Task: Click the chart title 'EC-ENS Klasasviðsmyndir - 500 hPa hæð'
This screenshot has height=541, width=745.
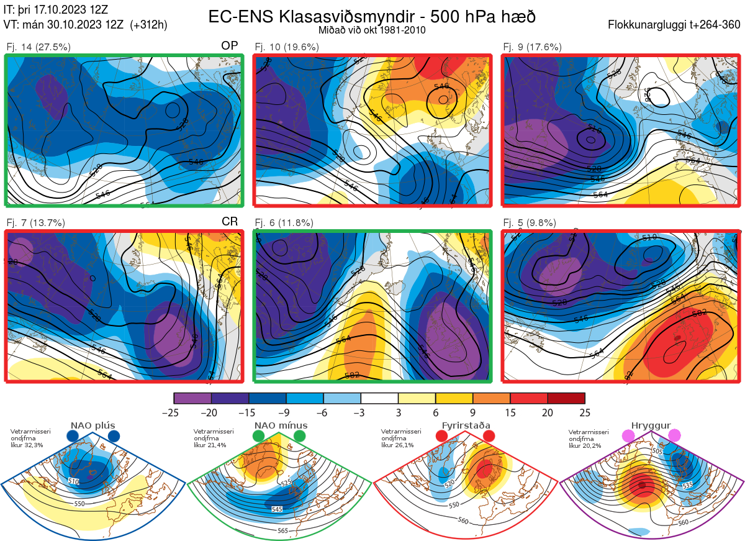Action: pyautogui.click(x=372, y=16)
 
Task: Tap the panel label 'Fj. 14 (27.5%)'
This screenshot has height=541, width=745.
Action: pyautogui.click(x=38, y=47)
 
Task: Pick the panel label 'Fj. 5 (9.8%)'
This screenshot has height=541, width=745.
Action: pyautogui.click(x=530, y=223)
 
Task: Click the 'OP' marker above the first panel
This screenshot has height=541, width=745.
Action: pyautogui.click(x=230, y=46)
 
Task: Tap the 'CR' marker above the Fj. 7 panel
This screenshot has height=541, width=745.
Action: pyautogui.click(x=230, y=222)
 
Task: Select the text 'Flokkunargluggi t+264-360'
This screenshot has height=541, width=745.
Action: pyautogui.click(x=675, y=25)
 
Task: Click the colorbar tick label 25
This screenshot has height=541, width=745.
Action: pyautogui.click(x=584, y=412)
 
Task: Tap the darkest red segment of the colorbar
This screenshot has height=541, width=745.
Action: pyautogui.click(x=566, y=398)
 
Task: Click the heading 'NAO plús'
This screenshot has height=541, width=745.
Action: pyautogui.click(x=93, y=425)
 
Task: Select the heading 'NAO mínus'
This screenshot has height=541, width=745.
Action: pyautogui.click(x=281, y=425)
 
